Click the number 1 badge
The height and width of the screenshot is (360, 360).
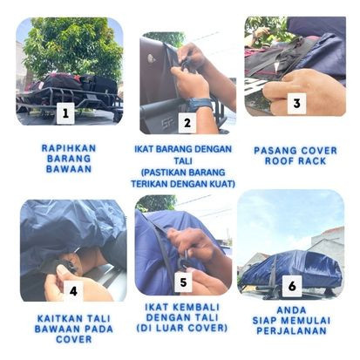[65, 112]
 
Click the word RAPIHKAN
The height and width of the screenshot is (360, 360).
[69, 148]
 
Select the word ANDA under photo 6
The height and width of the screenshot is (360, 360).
[291, 309]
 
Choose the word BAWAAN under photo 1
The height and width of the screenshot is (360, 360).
[69, 169]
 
